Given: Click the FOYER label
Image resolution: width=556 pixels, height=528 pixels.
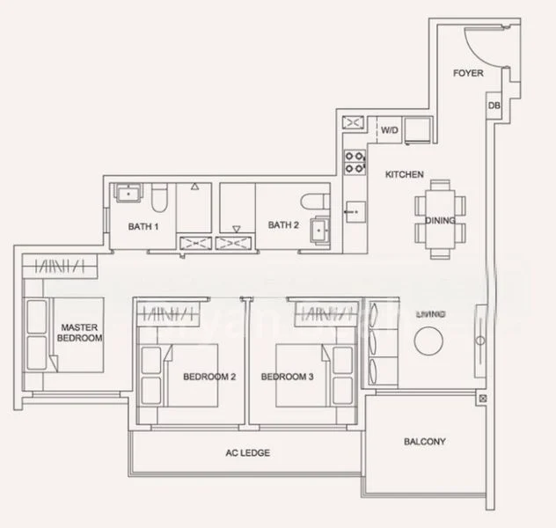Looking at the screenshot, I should (x=468, y=73).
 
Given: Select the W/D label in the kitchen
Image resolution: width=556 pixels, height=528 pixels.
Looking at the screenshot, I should (x=389, y=130).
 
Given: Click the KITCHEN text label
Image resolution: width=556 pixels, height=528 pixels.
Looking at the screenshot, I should (x=405, y=174).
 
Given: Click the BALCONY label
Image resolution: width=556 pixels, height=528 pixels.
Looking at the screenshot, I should (x=425, y=442).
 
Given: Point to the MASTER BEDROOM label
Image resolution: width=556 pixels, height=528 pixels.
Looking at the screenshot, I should (x=80, y=332).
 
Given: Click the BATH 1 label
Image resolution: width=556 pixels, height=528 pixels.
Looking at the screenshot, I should (x=143, y=225).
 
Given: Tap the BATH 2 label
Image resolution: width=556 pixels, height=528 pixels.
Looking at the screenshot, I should (x=283, y=225).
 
